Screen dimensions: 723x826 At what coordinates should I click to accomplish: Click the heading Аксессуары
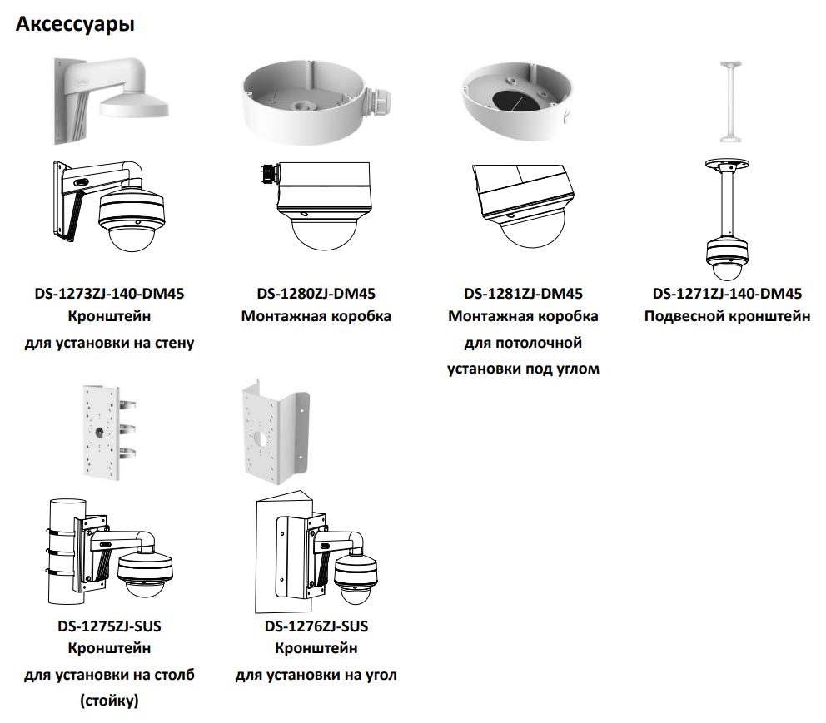point(76,25)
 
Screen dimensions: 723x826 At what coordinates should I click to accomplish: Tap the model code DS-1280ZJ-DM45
point(316,294)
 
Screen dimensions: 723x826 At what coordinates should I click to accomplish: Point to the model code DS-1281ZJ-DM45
point(523,294)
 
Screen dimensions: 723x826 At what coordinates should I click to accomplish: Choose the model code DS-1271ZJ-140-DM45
point(727,294)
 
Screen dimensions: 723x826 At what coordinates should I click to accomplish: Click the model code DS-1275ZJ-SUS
point(109,626)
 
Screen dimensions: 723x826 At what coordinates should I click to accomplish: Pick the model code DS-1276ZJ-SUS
point(316,626)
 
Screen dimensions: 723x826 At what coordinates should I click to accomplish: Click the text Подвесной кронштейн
point(727,316)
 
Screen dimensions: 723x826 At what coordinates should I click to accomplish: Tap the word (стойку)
point(109,701)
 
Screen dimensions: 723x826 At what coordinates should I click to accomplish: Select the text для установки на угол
point(316,675)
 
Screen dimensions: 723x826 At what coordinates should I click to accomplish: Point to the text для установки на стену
point(109,342)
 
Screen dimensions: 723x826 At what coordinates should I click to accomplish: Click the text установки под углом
point(523,368)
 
